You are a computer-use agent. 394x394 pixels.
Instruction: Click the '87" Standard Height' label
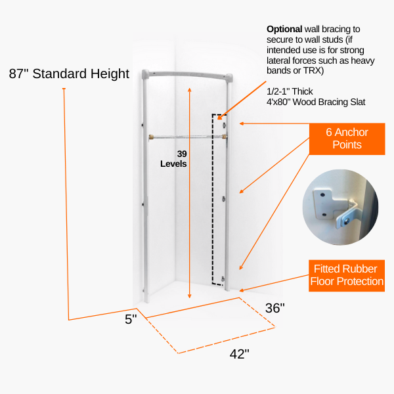[69, 74]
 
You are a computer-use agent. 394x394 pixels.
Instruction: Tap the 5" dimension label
[131, 319]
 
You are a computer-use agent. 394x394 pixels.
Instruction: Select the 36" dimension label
[275, 308]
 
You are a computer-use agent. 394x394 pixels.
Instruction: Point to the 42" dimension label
[239, 354]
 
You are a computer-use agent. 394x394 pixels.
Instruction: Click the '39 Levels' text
[173, 159]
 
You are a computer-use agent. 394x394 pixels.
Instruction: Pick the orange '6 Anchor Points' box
[347, 139]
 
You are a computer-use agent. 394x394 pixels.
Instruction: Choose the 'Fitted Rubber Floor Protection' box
[347, 276]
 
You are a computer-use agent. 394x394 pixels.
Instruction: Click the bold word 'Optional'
[284, 29]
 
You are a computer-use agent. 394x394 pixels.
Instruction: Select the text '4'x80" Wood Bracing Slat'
[316, 102]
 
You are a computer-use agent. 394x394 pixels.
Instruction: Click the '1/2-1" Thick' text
[290, 91]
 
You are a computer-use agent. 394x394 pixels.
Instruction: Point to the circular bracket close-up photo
[340, 207]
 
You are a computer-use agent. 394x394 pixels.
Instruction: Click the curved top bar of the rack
[187, 74]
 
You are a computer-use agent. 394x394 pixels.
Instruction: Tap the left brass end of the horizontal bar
[151, 137]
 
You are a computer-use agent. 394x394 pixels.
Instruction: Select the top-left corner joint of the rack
[145, 74]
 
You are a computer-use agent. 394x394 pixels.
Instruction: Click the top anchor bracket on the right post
[224, 125]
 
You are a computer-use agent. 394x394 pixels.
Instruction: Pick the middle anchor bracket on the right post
[223, 199]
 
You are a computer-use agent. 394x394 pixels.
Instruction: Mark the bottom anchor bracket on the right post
[223, 278]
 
